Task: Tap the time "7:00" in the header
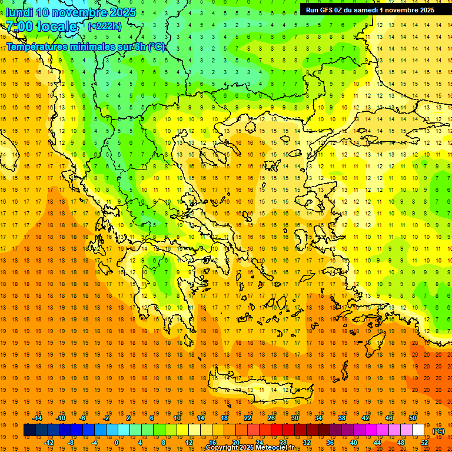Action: (19, 26)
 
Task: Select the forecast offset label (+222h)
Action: (105, 26)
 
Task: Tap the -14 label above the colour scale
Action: (38, 418)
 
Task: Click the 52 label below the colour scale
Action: (424, 443)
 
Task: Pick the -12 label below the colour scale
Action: (49, 443)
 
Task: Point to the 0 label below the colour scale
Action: (116, 443)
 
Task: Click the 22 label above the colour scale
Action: (248, 418)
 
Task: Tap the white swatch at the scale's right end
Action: (418, 430)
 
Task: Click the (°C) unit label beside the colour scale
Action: (438, 431)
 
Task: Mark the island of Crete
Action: (259, 389)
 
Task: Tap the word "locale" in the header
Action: (57, 26)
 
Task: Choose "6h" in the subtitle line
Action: (142, 46)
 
